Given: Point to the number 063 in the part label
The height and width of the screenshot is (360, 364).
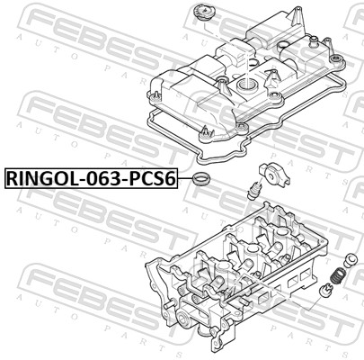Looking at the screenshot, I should [101, 178].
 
